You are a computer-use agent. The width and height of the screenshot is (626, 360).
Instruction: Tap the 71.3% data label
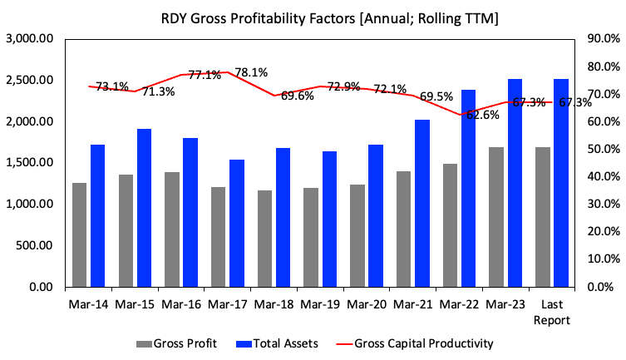[x=158, y=91]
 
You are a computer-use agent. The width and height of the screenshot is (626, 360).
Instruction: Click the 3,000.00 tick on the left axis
[x=30, y=39]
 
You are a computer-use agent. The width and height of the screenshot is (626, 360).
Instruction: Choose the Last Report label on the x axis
[x=552, y=311]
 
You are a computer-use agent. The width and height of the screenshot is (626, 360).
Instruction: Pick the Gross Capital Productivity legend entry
[x=422, y=343]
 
